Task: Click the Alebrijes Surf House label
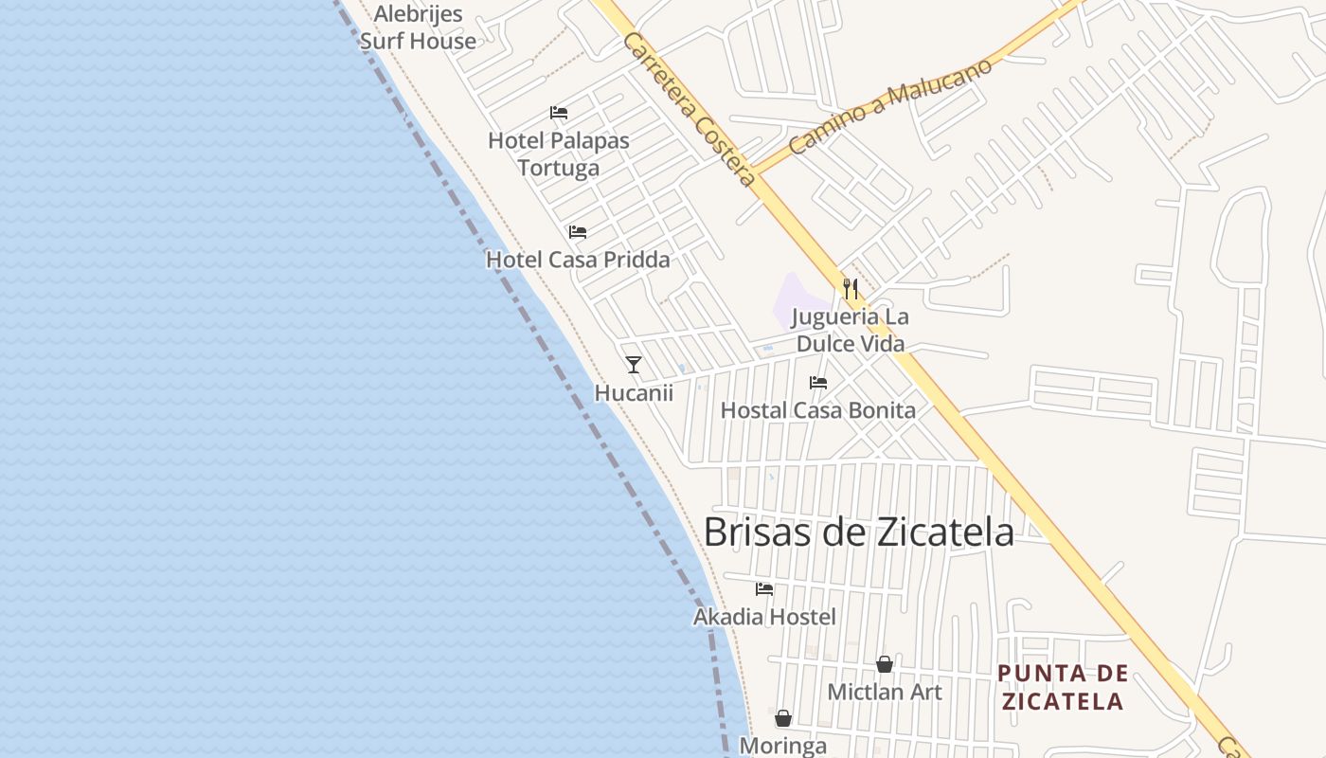(x=418, y=27)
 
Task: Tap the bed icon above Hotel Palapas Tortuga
(x=559, y=113)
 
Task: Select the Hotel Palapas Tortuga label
(x=559, y=153)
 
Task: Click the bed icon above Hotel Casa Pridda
(x=578, y=232)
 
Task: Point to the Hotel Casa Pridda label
(x=578, y=260)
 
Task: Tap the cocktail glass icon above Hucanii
(x=634, y=365)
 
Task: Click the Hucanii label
(x=634, y=392)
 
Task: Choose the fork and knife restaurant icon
(x=851, y=288)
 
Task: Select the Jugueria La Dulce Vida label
(x=850, y=330)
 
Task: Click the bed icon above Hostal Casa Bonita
(x=818, y=383)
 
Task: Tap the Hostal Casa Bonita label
(x=818, y=410)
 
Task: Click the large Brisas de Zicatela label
(x=858, y=532)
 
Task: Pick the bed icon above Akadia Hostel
(x=764, y=589)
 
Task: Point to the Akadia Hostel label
(x=764, y=617)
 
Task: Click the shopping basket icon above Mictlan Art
(x=884, y=664)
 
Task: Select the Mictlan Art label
(x=885, y=692)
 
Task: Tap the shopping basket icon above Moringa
(x=783, y=718)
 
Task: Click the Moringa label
(x=782, y=746)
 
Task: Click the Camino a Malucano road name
(x=890, y=106)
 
